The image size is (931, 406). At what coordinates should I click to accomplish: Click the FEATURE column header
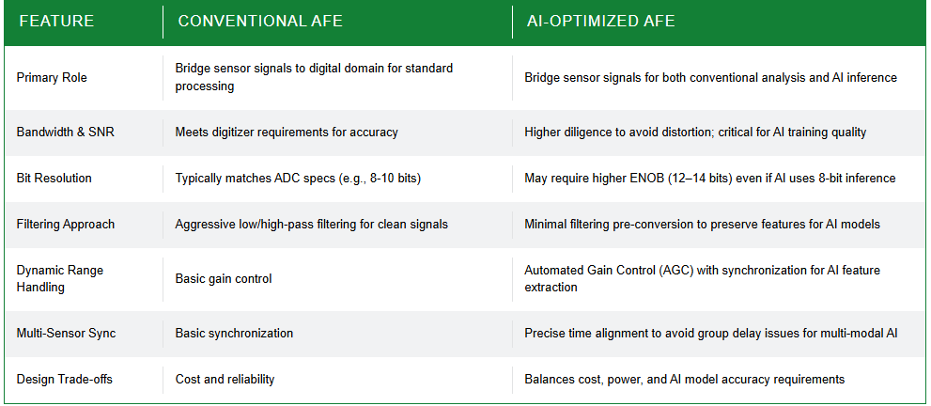click(56, 22)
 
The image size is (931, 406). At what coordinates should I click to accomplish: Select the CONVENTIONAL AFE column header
click(260, 22)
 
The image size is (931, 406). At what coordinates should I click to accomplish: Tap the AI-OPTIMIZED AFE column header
click(601, 22)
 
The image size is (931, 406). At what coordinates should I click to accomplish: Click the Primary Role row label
click(52, 78)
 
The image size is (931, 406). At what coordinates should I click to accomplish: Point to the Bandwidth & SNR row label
click(66, 132)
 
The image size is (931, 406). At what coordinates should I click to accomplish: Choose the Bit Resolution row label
click(54, 178)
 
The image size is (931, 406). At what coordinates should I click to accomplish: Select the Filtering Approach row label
click(66, 225)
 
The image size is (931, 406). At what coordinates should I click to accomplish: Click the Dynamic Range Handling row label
click(60, 279)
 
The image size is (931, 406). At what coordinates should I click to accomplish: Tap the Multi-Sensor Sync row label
click(66, 333)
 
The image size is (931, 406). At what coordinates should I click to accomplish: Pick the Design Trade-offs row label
click(64, 380)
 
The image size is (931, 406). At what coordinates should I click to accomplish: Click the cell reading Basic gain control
click(224, 278)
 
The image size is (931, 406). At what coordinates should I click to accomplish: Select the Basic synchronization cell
click(234, 333)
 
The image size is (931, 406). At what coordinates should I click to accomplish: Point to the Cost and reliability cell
click(225, 380)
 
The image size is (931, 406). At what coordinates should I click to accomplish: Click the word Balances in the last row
click(548, 380)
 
